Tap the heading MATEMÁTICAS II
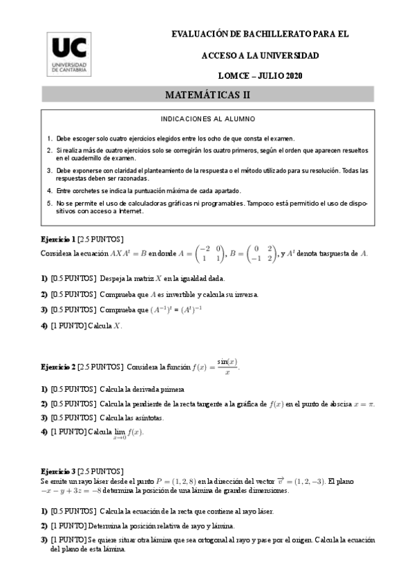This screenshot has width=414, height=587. coord(207,93)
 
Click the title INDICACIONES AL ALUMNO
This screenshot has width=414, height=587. coord(207,118)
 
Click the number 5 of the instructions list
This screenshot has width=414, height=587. coord(49,204)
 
